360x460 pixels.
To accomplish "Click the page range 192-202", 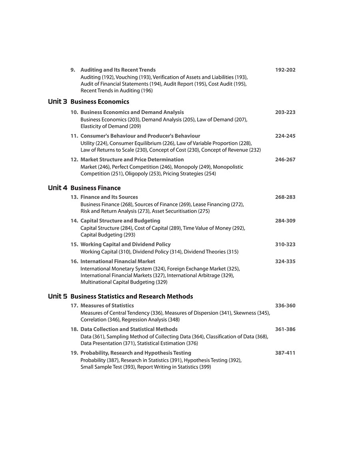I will (x=285, y=70).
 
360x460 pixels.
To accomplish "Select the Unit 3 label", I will (x=58, y=102).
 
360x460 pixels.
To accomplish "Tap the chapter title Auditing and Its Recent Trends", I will (x=118, y=70).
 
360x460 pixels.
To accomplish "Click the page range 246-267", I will (x=285, y=160).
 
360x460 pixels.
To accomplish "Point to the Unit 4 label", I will (x=58, y=188).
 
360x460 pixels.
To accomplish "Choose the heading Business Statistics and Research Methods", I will (x=132, y=296).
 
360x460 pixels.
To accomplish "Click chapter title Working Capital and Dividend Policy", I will (x=125, y=244).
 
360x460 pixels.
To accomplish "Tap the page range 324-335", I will (x=285, y=262).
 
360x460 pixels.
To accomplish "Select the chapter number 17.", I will (x=74, y=306).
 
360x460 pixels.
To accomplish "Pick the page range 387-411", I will (x=285, y=353).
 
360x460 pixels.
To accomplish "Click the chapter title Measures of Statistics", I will (x=107, y=306).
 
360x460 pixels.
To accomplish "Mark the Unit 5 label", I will (x=58, y=296).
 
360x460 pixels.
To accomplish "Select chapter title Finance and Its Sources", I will (x=109, y=197).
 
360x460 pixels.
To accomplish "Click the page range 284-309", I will (x=285, y=221).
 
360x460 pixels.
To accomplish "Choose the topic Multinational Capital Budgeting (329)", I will (x=124, y=282).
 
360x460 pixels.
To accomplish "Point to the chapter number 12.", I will (x=74, y=160).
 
